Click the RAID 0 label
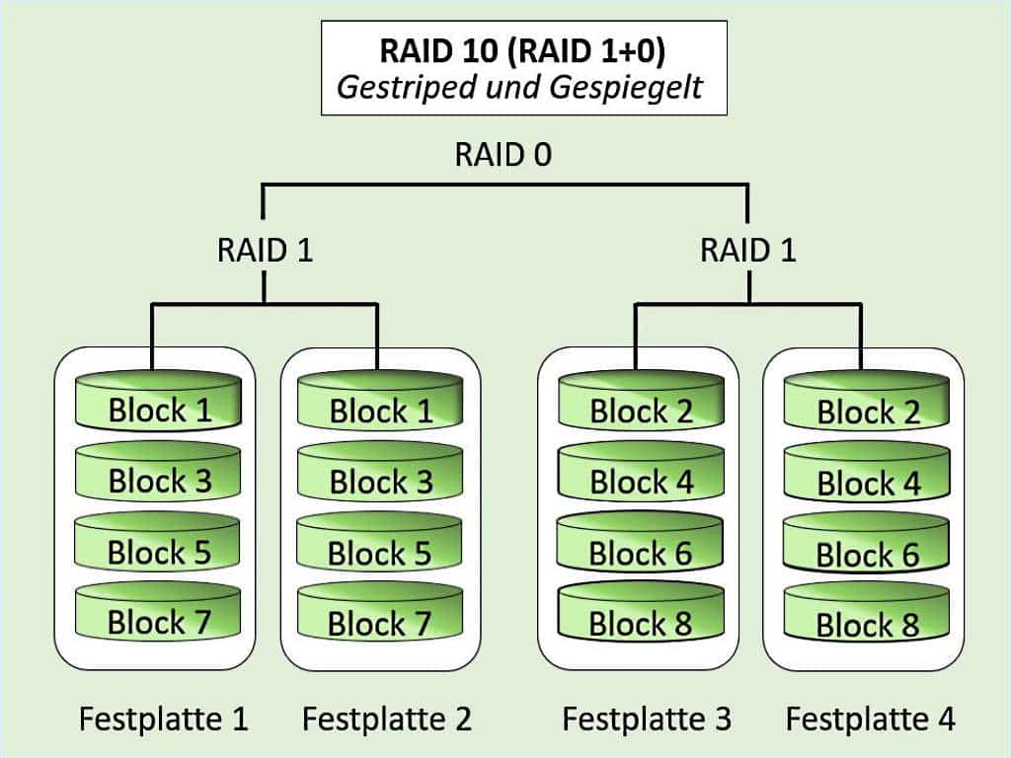pyautogui.click(x=504, y=156)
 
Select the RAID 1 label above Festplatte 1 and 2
pyautogui.click(x=265, y=250)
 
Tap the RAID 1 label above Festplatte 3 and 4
pyautogui.click(x=747, y=250)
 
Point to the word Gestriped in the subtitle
pyautogui.click(x=409, y=87)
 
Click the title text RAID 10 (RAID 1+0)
pyautogui.click(x=522, y=49)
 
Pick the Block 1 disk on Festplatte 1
pyautogui.click(x=159, y=408)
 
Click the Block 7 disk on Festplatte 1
pyautogui.click(x=159, y=620)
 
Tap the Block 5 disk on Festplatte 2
pyautogui.click(x=380, y=551)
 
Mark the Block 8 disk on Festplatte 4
pyautogui.click(x=867, y=622)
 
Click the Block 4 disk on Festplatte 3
pyautogui.click(x=641, y=481)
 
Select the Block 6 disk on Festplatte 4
pyautogui.click(x=867, y=553)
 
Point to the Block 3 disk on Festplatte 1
pyautogui.click(x=159, y=479)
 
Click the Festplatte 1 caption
pyautogui.click(x=164, y=719)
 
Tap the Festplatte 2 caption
pyautogui.click(x=387, y=719)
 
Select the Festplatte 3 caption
pyautogui.click(x=647, y=719)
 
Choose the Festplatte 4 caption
pyautogui.click(x=871, y=719)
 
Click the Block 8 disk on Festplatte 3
pyautogui.click(x=641, y=622)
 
